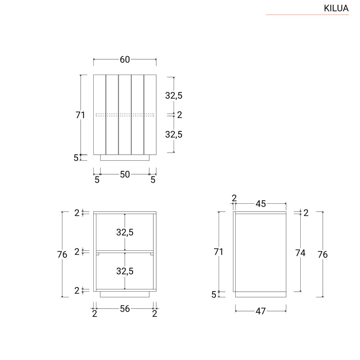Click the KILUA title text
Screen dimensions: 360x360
(x=336, y=8)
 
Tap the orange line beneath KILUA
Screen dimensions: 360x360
(x=307, y=15)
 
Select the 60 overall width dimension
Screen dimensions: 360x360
(x=125, y=60)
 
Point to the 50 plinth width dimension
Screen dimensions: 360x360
(x=125, y=174)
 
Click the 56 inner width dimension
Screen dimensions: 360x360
(x=125, y=309)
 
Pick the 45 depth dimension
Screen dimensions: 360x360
(x=261, y=204)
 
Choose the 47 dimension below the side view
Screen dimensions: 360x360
(x=261, y=311)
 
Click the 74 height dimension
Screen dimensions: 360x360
(x=300, y=253)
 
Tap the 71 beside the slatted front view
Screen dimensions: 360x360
(x=80, y=115)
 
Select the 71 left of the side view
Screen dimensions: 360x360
(x=218, y=252)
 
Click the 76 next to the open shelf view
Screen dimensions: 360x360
(x=62, y=255)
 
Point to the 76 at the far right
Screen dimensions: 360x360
(x=323, y=255)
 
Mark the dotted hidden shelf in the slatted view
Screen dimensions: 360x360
(x=125, y=115)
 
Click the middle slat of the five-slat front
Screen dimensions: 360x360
(x=125, y=115)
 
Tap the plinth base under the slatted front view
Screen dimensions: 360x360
(x=125, y=158)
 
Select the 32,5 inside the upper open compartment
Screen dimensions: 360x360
(x=125, y=232)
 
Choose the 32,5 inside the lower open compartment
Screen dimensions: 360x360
(x=125, y=271)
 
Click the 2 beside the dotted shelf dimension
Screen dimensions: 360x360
(x=180, y=115)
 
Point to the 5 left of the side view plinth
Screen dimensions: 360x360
(x=214, y=295)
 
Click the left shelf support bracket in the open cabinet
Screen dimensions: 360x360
(x=98, y=254)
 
